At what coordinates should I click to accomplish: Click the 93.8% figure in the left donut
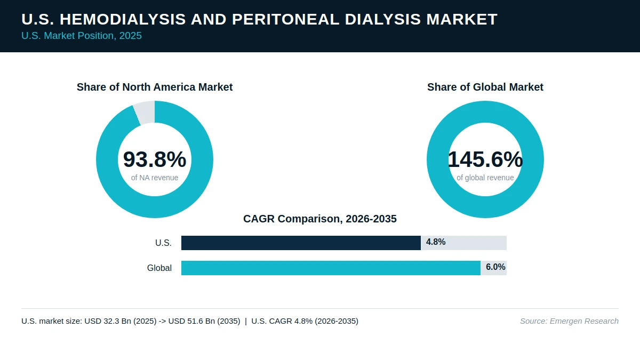(x=155, y=159)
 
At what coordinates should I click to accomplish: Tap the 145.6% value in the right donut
(x=485, y=159)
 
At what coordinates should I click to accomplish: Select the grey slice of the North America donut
(x=145, y=113)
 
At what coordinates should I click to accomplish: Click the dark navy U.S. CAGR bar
(x=301, y=243)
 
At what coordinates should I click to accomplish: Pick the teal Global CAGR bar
(x=331, y=268)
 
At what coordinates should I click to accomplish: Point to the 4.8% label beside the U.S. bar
(x=436, y=242)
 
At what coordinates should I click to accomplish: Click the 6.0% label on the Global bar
(x=495, y=267)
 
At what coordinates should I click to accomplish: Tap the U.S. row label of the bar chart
(x=163, y=243)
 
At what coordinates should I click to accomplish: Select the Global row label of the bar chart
(x=159, y=268)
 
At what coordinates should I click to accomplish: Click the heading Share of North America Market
(x=155, y=87)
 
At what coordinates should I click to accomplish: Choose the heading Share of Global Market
(x=485, y=87)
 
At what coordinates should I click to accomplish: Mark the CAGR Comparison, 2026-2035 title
(x=319, y=219)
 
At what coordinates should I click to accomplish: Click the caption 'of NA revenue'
(x=155, y=178)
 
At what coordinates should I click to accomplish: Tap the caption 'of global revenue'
(x=485, y=178)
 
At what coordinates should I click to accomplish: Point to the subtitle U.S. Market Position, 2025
(x=82, y=36)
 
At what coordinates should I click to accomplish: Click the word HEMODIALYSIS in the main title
(x=123, y=19)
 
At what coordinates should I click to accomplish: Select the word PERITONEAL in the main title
(x=285, y=19)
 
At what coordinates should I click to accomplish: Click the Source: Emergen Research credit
(x=569, y=321)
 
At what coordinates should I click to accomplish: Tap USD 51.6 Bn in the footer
(x=191, y=321)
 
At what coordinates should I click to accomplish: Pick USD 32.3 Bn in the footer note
(x=108, y=321)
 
